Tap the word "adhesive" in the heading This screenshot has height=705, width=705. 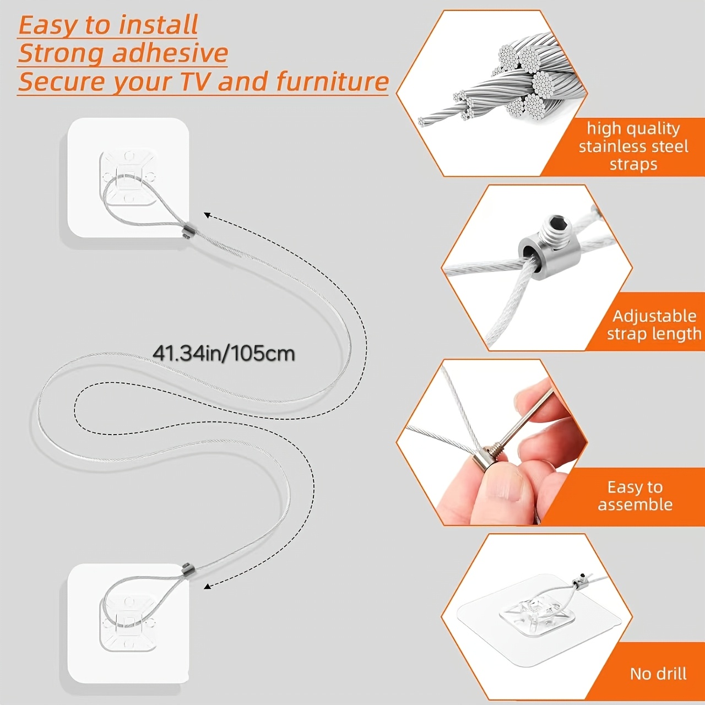tap(170, 53)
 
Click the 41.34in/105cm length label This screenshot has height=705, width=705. tap(224, 354)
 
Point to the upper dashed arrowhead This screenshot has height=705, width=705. tap(208, 215)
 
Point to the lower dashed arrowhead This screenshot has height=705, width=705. tap(208, 587)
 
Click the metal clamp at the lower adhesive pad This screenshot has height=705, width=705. tap(188, 568)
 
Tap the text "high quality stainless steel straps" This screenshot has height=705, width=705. tap(633, 147)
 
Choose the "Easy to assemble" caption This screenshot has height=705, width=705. tap(635, 496)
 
